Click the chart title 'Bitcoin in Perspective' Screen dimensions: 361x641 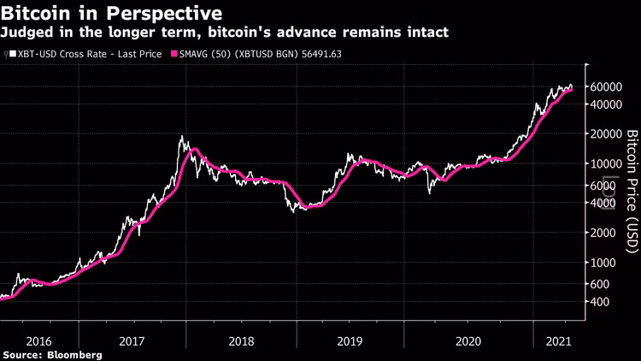tap(113, 14)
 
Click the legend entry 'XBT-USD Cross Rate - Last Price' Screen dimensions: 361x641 tap(86, 54)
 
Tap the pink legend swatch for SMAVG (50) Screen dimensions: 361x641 tap(177, 54)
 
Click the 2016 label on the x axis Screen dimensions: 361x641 tap(38, 340)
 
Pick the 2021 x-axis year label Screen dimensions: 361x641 tap(559, 340)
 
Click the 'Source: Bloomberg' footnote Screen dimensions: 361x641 tap(52, 354)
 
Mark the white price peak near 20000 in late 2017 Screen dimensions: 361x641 tap(180, 136)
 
